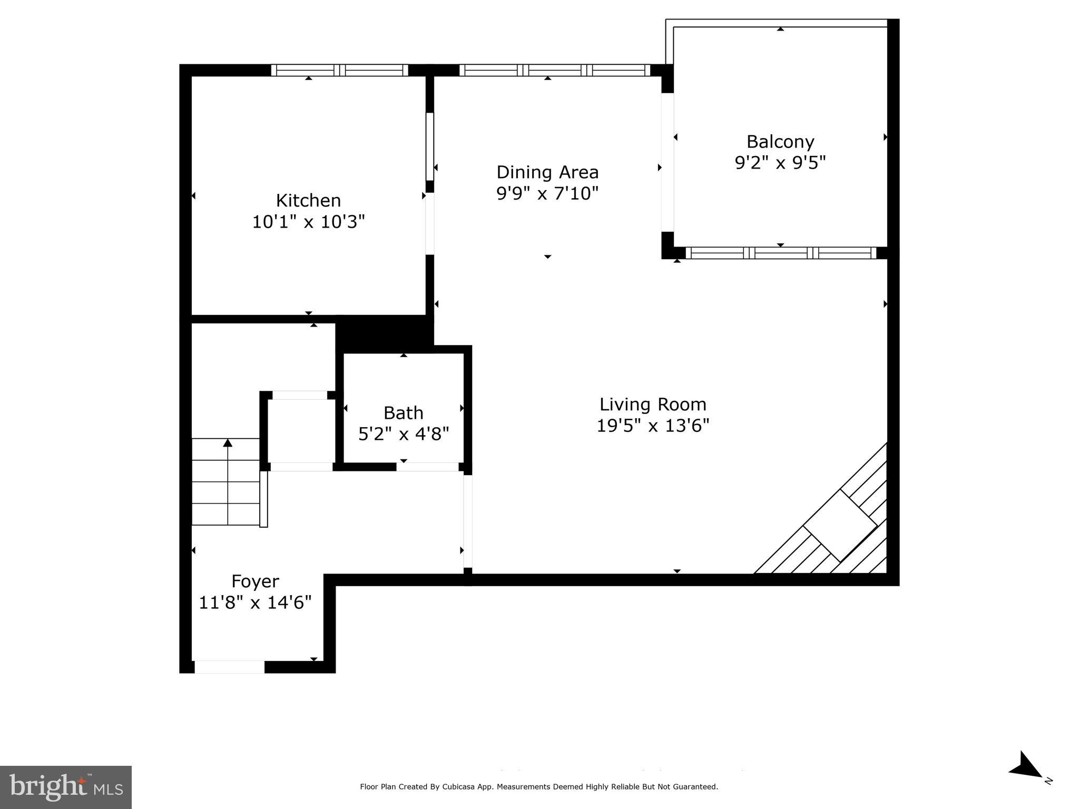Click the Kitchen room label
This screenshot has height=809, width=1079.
(x=308, y=201)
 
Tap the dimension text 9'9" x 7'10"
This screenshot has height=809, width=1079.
(x=547, y=194)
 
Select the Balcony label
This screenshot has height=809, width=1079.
(x=780, y=142)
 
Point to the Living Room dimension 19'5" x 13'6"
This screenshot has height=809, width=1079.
(x=653, y=426)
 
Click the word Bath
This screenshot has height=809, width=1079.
(x=403, y=413)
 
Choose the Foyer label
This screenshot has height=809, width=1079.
(x=255, y=581)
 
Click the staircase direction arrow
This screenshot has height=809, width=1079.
(x=228, y=444)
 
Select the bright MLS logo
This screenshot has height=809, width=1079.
(x=66, y=787)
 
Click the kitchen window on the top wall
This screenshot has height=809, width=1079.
(x=340, y=70)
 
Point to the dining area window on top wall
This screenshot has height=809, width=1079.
(x=555, y=70)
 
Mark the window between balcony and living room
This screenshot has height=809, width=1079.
(x=780, y=253)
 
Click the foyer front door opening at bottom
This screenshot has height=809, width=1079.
(x=230, y=667)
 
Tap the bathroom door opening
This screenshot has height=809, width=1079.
(x=427, y=467)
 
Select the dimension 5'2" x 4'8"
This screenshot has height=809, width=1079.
(x=404, y=435)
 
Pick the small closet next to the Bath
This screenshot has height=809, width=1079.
(x=301, y=431)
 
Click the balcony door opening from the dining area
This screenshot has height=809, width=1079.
(x=668, y=162)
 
